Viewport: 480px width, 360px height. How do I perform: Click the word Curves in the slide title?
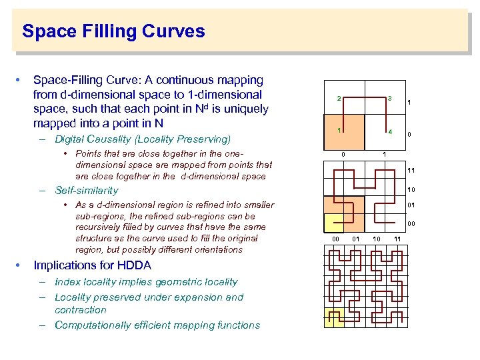click(x=172, y=31)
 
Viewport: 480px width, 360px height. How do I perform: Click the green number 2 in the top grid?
click(x=339, y=99)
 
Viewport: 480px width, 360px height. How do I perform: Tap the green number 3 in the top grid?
click(x=390, y=99)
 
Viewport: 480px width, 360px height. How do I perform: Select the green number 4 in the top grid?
click(x=390, y=131)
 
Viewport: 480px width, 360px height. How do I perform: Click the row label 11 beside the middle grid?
click(x=411, y=171)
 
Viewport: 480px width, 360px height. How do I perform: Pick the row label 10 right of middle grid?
click(x=411, y=189)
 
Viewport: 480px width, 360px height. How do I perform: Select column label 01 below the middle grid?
click(x=356, y=238)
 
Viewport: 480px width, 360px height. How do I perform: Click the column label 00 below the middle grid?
click(x=337, y=238)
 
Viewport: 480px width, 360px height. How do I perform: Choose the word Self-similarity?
click(x=86, y=190)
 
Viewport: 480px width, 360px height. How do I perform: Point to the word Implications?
click(x=64, y=265)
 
